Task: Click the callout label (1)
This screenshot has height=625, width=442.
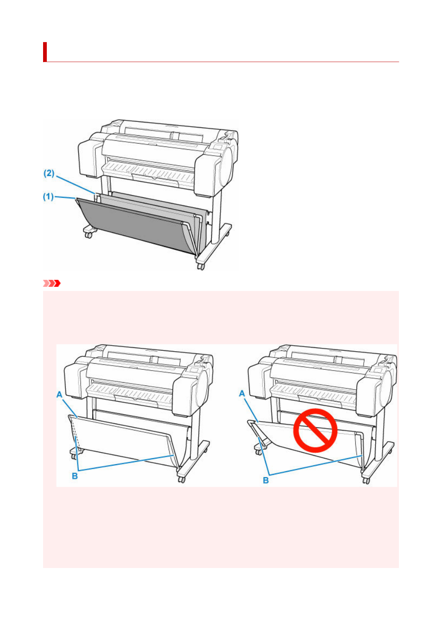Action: [48, 197]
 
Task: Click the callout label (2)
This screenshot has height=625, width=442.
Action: [49, 173]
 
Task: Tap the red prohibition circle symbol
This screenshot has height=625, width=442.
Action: [315, 430]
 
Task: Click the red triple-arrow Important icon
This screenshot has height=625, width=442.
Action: [52, 284]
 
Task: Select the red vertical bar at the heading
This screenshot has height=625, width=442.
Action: [45, 52]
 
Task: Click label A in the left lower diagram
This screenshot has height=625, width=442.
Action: [59, 394]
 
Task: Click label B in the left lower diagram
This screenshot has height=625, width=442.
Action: [75, 476]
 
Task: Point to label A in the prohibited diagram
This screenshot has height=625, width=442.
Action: [242, 393]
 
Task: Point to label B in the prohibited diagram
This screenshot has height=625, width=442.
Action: [266, 480]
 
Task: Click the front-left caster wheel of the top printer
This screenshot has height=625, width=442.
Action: [88, 235]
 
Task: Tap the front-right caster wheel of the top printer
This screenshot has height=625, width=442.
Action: [201, 266]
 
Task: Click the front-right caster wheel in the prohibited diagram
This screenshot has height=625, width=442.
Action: [366, 481]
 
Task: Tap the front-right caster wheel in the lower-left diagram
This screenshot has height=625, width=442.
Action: [182, 480]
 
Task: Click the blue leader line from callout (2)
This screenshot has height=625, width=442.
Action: [76, 184]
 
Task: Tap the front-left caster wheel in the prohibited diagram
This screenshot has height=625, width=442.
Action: [259, 452]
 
